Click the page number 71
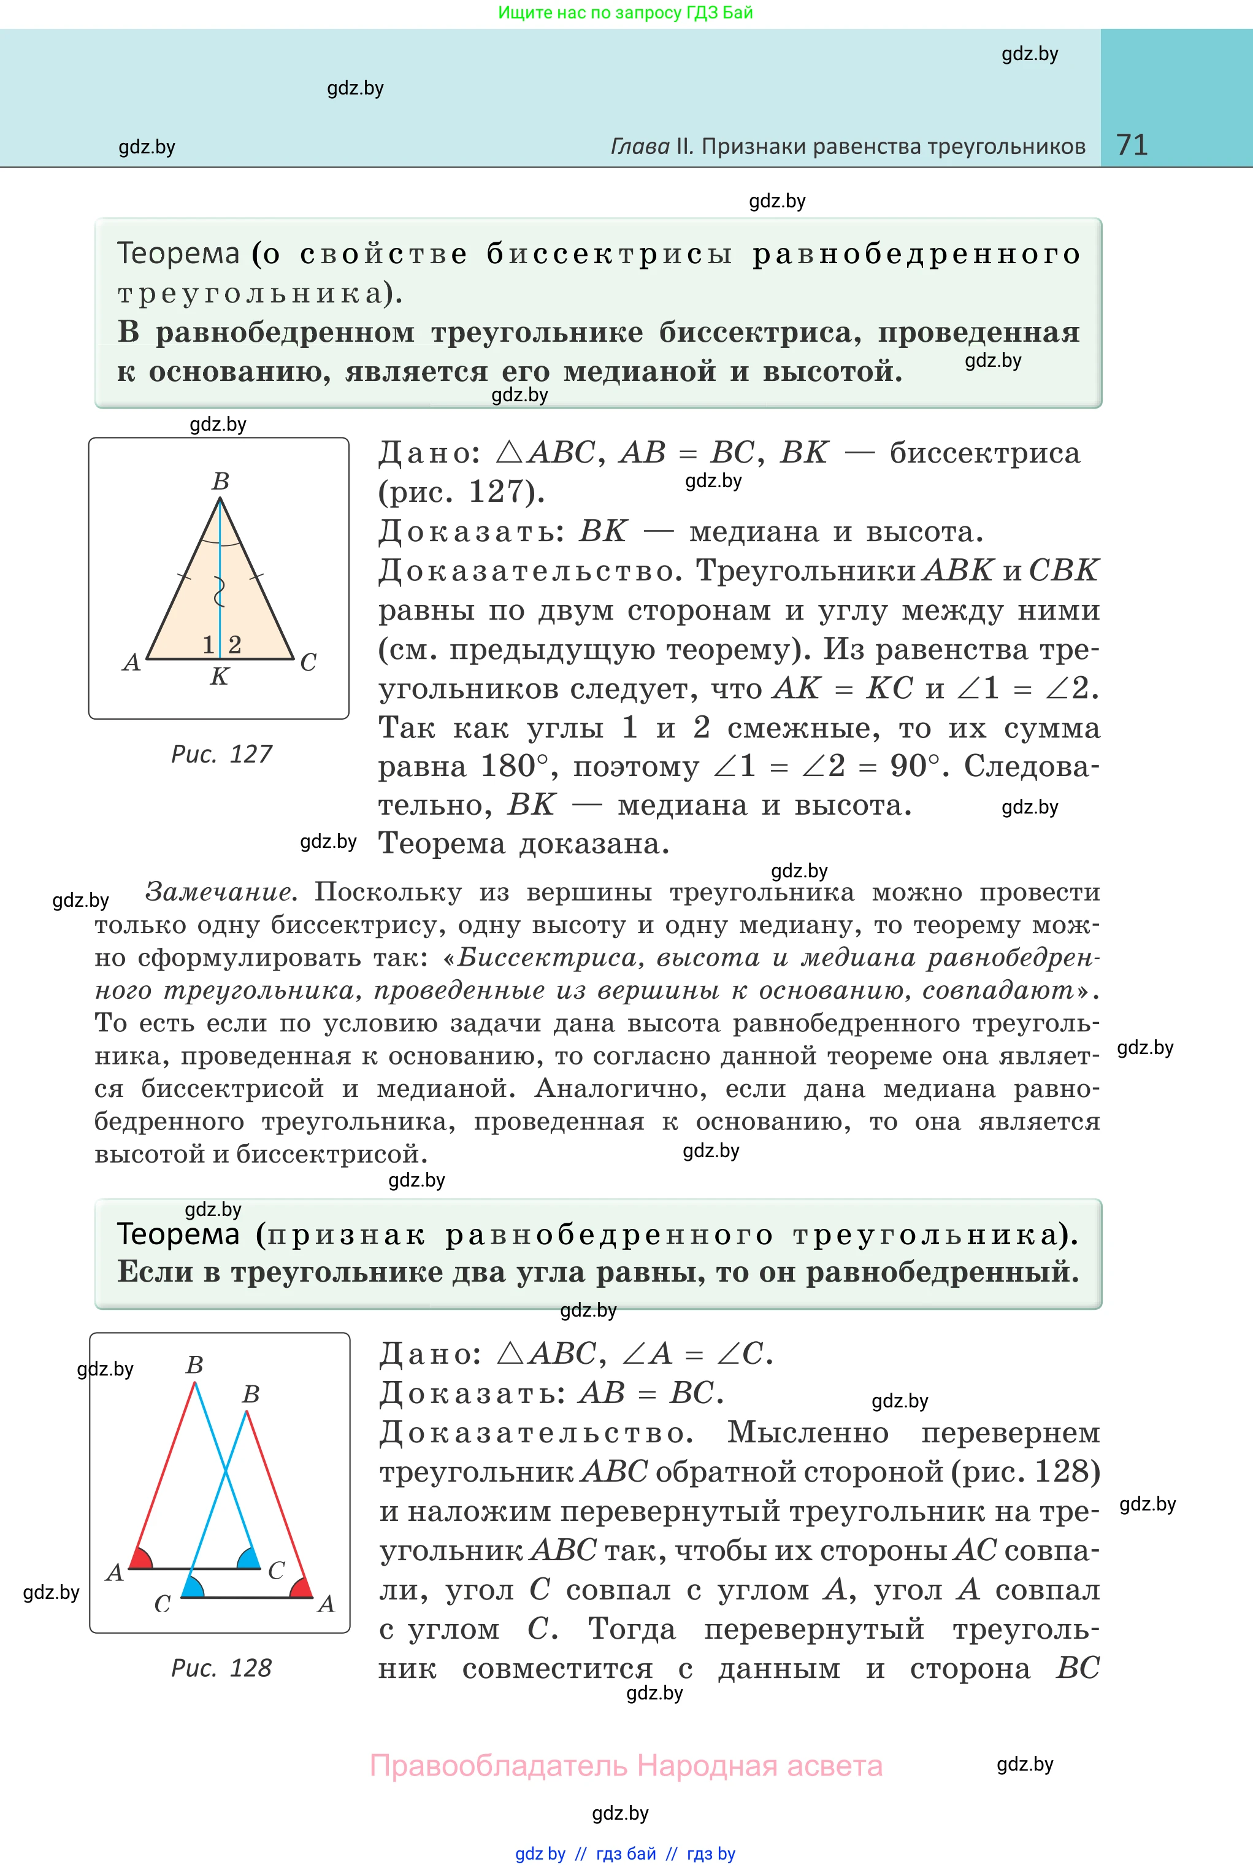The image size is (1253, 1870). [x=1132, y=145]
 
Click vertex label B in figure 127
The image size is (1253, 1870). [x=221, y=481]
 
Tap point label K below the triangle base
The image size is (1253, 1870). [x=219, y=677]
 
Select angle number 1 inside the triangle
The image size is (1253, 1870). [x=209, y=644]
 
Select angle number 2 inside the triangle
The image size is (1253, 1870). [x=234, y=644]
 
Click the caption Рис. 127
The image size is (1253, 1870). [x=221, y=753]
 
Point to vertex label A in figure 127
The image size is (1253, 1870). [x=132, y=663]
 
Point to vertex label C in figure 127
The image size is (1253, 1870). [x=308, y=663]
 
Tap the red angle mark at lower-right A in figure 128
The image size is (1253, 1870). [x=301, y=1588]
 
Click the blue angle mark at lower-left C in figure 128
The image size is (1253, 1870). [x=193, y=1588]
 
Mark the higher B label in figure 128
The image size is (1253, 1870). [x=194, y=1365]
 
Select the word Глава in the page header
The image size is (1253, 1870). [x=640, y=147]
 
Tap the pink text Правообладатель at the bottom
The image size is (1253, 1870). [x=499, y=1766]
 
